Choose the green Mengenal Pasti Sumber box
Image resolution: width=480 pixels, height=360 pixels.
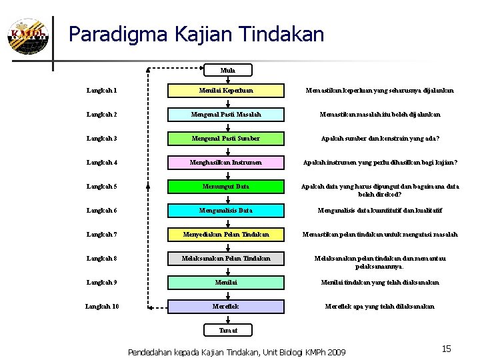point(226,138)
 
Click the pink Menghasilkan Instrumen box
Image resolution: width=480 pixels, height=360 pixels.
point(226,162)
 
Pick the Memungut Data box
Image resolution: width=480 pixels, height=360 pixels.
point(226,186)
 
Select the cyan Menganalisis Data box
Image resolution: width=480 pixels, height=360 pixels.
point(226,210)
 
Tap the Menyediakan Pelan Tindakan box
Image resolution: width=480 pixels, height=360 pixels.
point(226,234)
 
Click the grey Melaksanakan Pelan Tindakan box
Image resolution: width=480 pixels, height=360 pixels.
point(226,258)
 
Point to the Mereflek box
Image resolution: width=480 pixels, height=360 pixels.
point(226,306)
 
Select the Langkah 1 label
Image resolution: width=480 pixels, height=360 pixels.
point(101,90)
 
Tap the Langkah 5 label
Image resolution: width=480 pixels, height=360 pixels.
point(101,186)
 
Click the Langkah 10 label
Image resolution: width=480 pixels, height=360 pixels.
point(103,306)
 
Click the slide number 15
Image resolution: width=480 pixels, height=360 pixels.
point(446,349)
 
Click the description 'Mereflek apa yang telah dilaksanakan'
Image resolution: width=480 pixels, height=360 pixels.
point(379,306)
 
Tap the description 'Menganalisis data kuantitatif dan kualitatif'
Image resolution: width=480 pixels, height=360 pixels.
point(379,210)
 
